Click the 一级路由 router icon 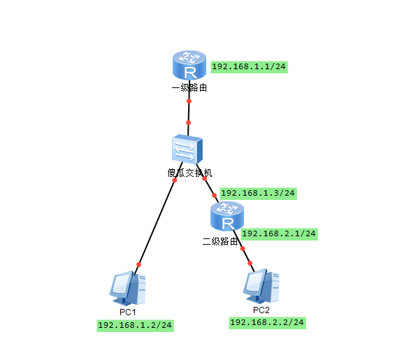pos(189,65)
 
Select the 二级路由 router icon pos(227,216)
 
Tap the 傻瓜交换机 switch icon pos(187,149)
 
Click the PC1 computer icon pos(128,288)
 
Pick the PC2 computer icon pos(261,286)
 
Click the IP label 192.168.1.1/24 pos(249,66)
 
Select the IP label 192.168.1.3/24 pos(258,193)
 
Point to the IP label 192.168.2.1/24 pos(279,234)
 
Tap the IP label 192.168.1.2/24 pos(135,325)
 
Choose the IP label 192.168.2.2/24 pos(267,322)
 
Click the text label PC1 pos(128,312)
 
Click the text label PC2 pos(261,310)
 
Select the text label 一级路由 pos(189,87)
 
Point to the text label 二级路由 pos(220,241)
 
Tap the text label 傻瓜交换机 pos(189,173)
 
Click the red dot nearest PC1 pos(138,264)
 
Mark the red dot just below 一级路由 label pos(189,101)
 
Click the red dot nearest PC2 pos(250,263)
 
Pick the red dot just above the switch pos(188,122)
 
